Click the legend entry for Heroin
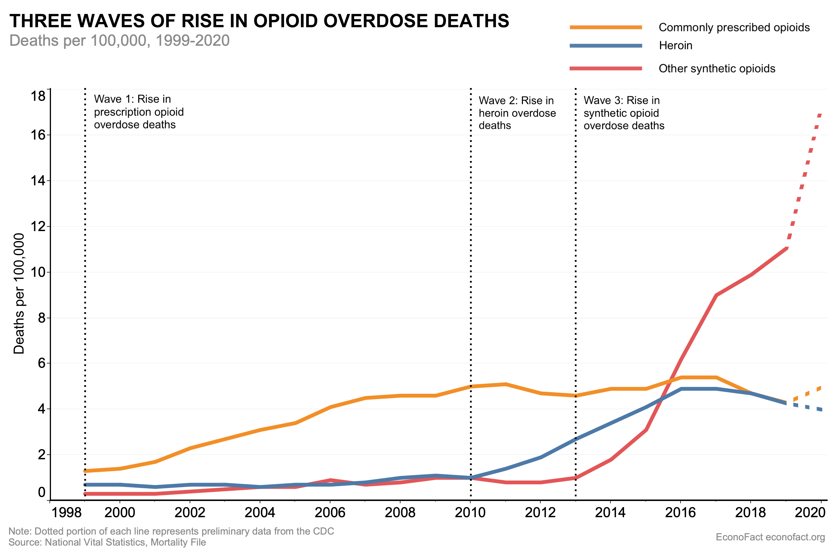(675, 45)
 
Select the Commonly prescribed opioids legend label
(734, 27)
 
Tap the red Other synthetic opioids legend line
(606, 68)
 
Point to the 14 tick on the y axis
(38, 181)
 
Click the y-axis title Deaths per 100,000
(19, 293)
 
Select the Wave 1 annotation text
(138, 112)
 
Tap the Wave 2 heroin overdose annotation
(517, 113)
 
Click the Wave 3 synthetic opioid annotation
(623, 113)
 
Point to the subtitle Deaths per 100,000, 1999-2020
(120, 41)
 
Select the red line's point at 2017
(716, 295)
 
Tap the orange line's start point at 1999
(85, 471)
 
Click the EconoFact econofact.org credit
(770, 537)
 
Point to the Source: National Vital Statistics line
(107, 542)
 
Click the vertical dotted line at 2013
(575, 284)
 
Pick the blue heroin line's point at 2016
(681, 389)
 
